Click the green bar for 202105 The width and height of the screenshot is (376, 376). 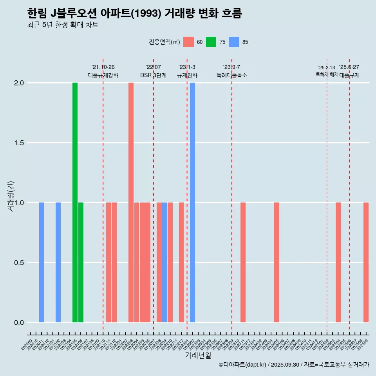[x=75, y=202]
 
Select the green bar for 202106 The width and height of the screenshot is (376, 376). [x=81, y=262]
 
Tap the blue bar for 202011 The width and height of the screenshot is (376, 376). [x=42, y=262]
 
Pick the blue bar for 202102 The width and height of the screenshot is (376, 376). [x=58, y=262]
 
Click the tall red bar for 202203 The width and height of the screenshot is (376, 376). [x=131, y=202]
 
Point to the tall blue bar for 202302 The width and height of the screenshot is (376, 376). [x=192, y=202]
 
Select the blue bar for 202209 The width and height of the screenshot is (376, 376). [x=164, y=262]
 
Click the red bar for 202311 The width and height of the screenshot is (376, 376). [x=243, y=262]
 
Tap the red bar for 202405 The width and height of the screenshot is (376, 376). [x=277, y=262]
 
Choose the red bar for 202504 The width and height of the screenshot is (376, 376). [x=338, y=262]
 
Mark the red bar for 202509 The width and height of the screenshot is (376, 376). [x=366, y=262]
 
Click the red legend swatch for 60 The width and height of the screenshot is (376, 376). [x=188, y=42]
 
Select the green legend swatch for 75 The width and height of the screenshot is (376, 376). [x=211, y=42]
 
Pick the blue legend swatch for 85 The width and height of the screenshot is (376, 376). [x=234, y=42]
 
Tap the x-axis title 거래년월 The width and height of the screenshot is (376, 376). [x=198, y=355]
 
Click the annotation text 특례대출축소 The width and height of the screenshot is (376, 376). [x=232, y=75]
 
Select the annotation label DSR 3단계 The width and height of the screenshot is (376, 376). [x=153, y=75]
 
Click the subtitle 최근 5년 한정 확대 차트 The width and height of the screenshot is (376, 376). [x=63, y=25]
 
